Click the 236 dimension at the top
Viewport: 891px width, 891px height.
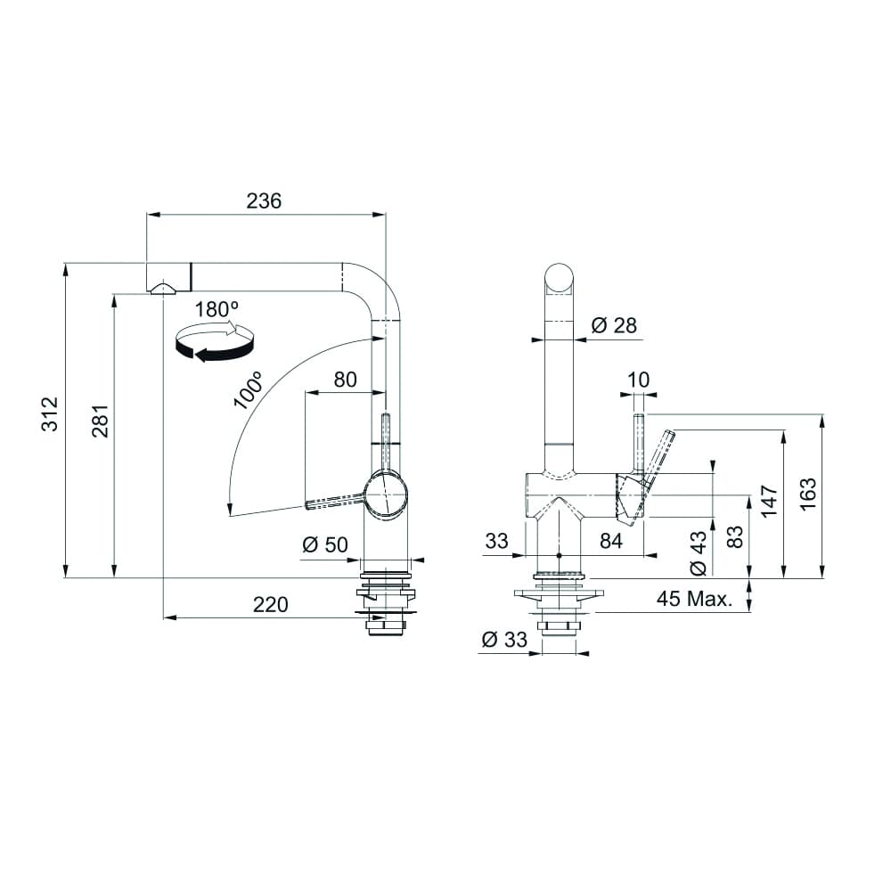(264, 201)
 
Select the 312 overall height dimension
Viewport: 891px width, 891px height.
(50, 413)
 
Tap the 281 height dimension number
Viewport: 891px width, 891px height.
(100, 421)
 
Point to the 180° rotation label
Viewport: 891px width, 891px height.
(217, 310)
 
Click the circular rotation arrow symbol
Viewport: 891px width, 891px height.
(214, 342)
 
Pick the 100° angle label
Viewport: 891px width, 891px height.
(248, 390)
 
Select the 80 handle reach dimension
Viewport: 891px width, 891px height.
(345, 380)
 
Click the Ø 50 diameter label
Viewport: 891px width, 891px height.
(325, 544)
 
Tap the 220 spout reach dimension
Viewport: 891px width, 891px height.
(271, 605)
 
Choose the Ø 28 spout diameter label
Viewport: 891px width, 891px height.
(614, 325)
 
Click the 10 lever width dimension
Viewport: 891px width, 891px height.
(639, 380)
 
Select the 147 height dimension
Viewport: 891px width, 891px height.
(770, 501)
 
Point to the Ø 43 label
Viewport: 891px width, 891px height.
(698, 553)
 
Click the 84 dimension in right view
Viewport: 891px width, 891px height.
(611, 541)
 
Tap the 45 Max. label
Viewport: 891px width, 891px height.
(694, 599)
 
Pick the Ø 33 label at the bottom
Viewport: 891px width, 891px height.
(504, 639)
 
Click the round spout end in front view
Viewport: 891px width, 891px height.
(560, 279)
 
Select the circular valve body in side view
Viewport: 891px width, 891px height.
(386, 495)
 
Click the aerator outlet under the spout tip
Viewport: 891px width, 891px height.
(163, 288)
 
